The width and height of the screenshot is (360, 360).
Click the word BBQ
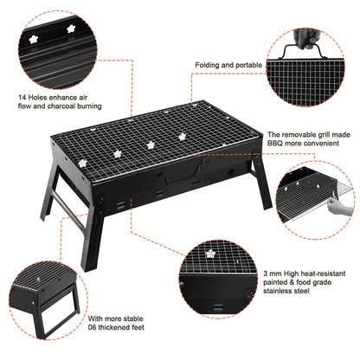point(275,145)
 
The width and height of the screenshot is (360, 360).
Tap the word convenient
point(321,145)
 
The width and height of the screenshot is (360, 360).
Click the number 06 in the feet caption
point(94,327)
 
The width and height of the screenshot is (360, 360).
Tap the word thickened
point(123,327)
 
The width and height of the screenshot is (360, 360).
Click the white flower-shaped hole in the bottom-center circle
point(209,253)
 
